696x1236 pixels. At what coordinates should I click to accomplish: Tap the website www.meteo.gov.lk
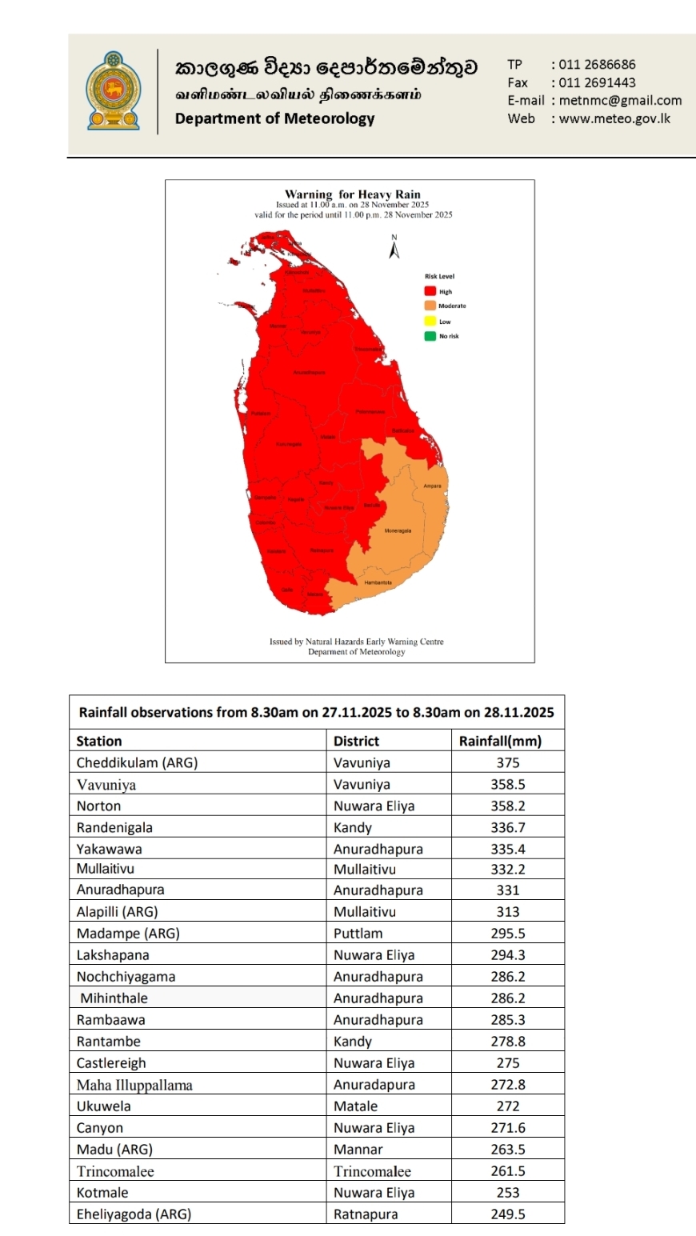tap(614, 118)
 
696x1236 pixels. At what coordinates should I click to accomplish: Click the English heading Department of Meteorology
tap(274, 118)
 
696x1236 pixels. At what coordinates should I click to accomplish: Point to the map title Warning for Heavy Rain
tap(352, 194)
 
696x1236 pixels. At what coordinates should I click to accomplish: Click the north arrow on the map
tap(394, 248)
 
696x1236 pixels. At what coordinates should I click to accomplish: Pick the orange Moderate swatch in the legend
tap(430, 306)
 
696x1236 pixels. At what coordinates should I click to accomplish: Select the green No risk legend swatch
tap(430, 336)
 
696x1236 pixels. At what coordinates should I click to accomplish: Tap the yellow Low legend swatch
tap(430, 322)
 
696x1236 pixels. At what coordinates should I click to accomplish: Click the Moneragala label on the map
tap(398, 530)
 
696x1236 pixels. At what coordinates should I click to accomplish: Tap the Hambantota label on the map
tap(378, 582)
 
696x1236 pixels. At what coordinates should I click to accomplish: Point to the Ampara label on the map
tap(432, 486)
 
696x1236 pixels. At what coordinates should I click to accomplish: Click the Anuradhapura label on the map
tap(309, 373)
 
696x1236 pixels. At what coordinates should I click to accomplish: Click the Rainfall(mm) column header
tap(500, 741)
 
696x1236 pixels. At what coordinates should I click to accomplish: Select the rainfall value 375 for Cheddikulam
tap(507, 762)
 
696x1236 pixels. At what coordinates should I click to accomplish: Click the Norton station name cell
tap(98, 806)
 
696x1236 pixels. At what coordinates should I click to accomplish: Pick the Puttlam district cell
tap(358, 933)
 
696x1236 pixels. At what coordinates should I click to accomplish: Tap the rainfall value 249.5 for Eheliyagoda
tap(507, 1214)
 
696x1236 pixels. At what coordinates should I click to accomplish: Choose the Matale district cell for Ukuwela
tap(355, 1106)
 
